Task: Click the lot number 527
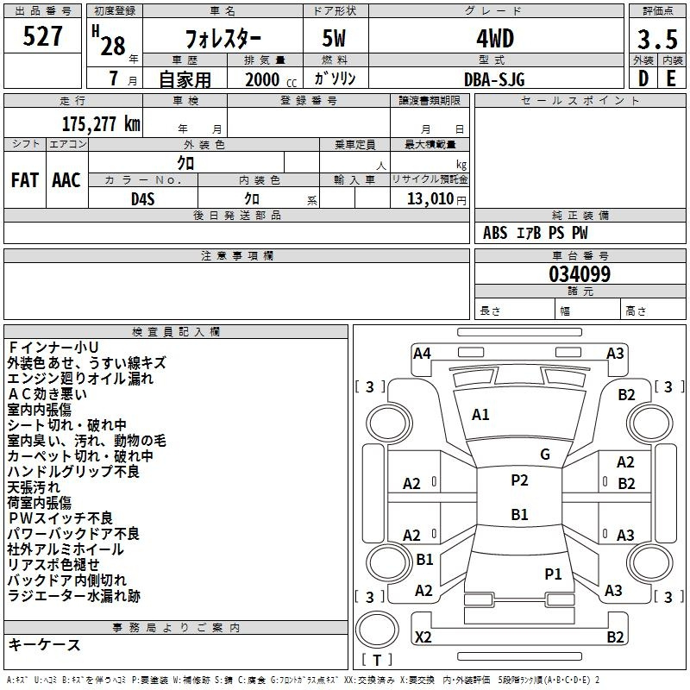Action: pyautogui.click(x=42, y=35)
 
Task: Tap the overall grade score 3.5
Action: pyautogui.click(x=657, y=39)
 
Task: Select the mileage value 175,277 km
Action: pyautogui.click(x=101, y=124)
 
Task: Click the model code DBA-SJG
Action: pyautogui.click(x=494, y=79)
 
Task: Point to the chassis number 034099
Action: pyautogui.click(x=580, y=274)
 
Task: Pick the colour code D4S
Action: pyautogui.click(x=143, y=199)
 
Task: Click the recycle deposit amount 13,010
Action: pyautogui.click(x=430, y=198)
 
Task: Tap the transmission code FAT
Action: pyautogui.click(x=25, y=180)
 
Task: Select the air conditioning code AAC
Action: pyautogui.click(x=66, y=180)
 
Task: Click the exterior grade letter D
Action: pyautogui.click(x=643, y=78)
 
